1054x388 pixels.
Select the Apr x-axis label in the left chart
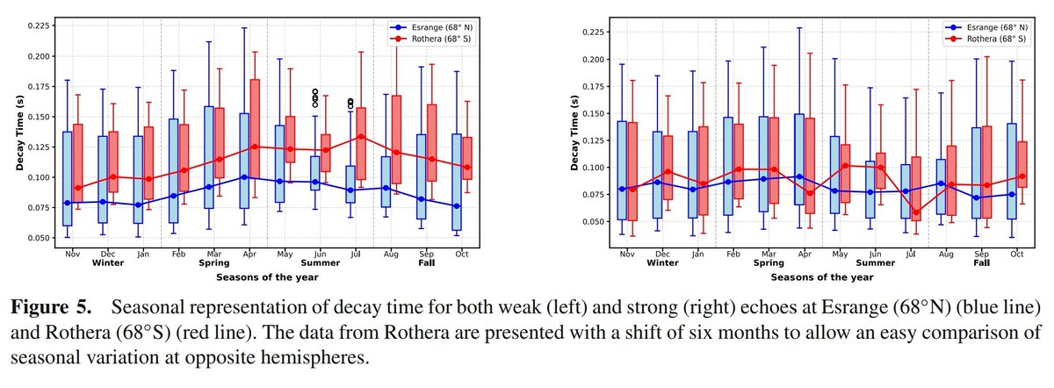pos(249,253)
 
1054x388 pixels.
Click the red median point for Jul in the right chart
pos(917,212)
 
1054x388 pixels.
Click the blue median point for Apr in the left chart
pos(243,177)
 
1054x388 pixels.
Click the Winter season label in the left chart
pos(107,262)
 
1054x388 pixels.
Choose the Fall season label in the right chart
pos(982,262)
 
